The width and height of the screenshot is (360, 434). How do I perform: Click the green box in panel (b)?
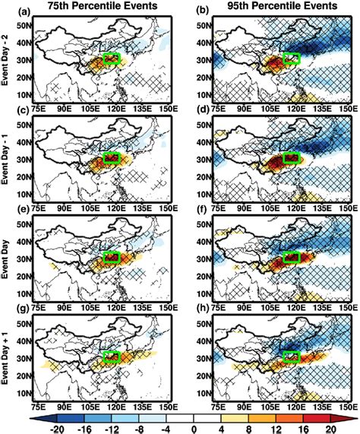click(292, 58)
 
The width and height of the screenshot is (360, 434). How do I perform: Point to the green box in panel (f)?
click(292, 260)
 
